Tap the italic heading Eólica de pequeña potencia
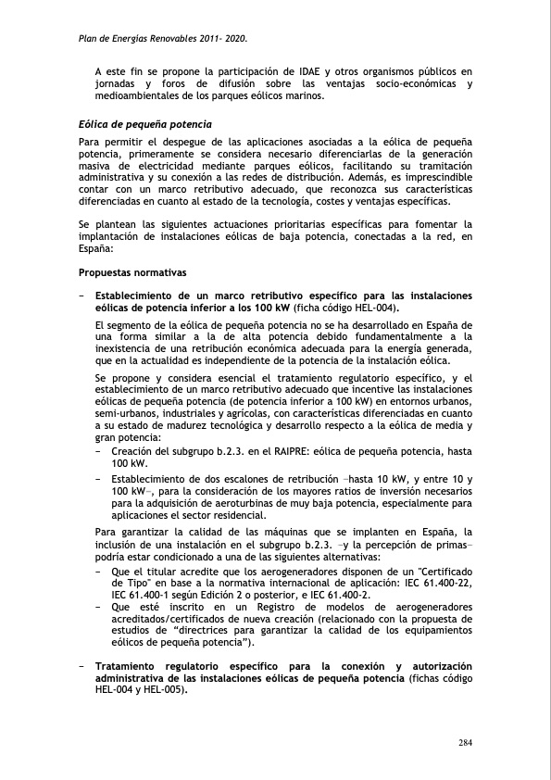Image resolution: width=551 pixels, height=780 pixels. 145,124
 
